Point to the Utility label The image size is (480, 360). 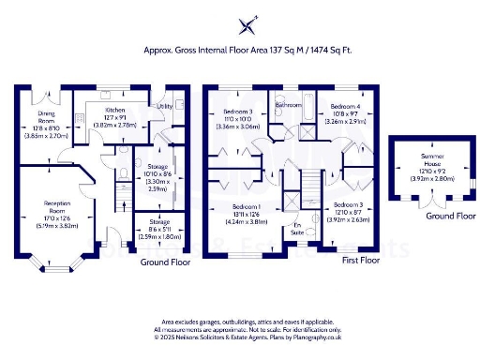coord(165,107)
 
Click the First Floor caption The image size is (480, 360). coord(358,260)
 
